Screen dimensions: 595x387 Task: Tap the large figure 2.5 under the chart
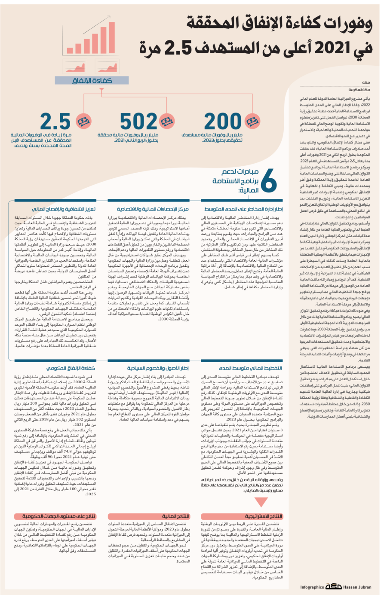pos(55,122)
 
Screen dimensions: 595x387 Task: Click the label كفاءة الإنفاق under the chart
pos(92,80)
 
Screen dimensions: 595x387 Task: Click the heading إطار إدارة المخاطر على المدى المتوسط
pos(243,209)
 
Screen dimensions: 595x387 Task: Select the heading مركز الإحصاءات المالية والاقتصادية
pos(153,209)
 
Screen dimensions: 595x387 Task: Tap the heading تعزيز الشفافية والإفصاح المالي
pos(64,209)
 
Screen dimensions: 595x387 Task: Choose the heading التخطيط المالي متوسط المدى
pos(251,368)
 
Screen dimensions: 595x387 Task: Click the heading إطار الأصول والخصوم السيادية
pos(158,368)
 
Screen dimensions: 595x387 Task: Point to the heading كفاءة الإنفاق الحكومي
pos(71,368)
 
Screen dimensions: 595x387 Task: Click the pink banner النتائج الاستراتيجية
pos(264,516)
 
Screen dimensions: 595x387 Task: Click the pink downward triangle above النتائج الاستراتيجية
pos(261,502)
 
